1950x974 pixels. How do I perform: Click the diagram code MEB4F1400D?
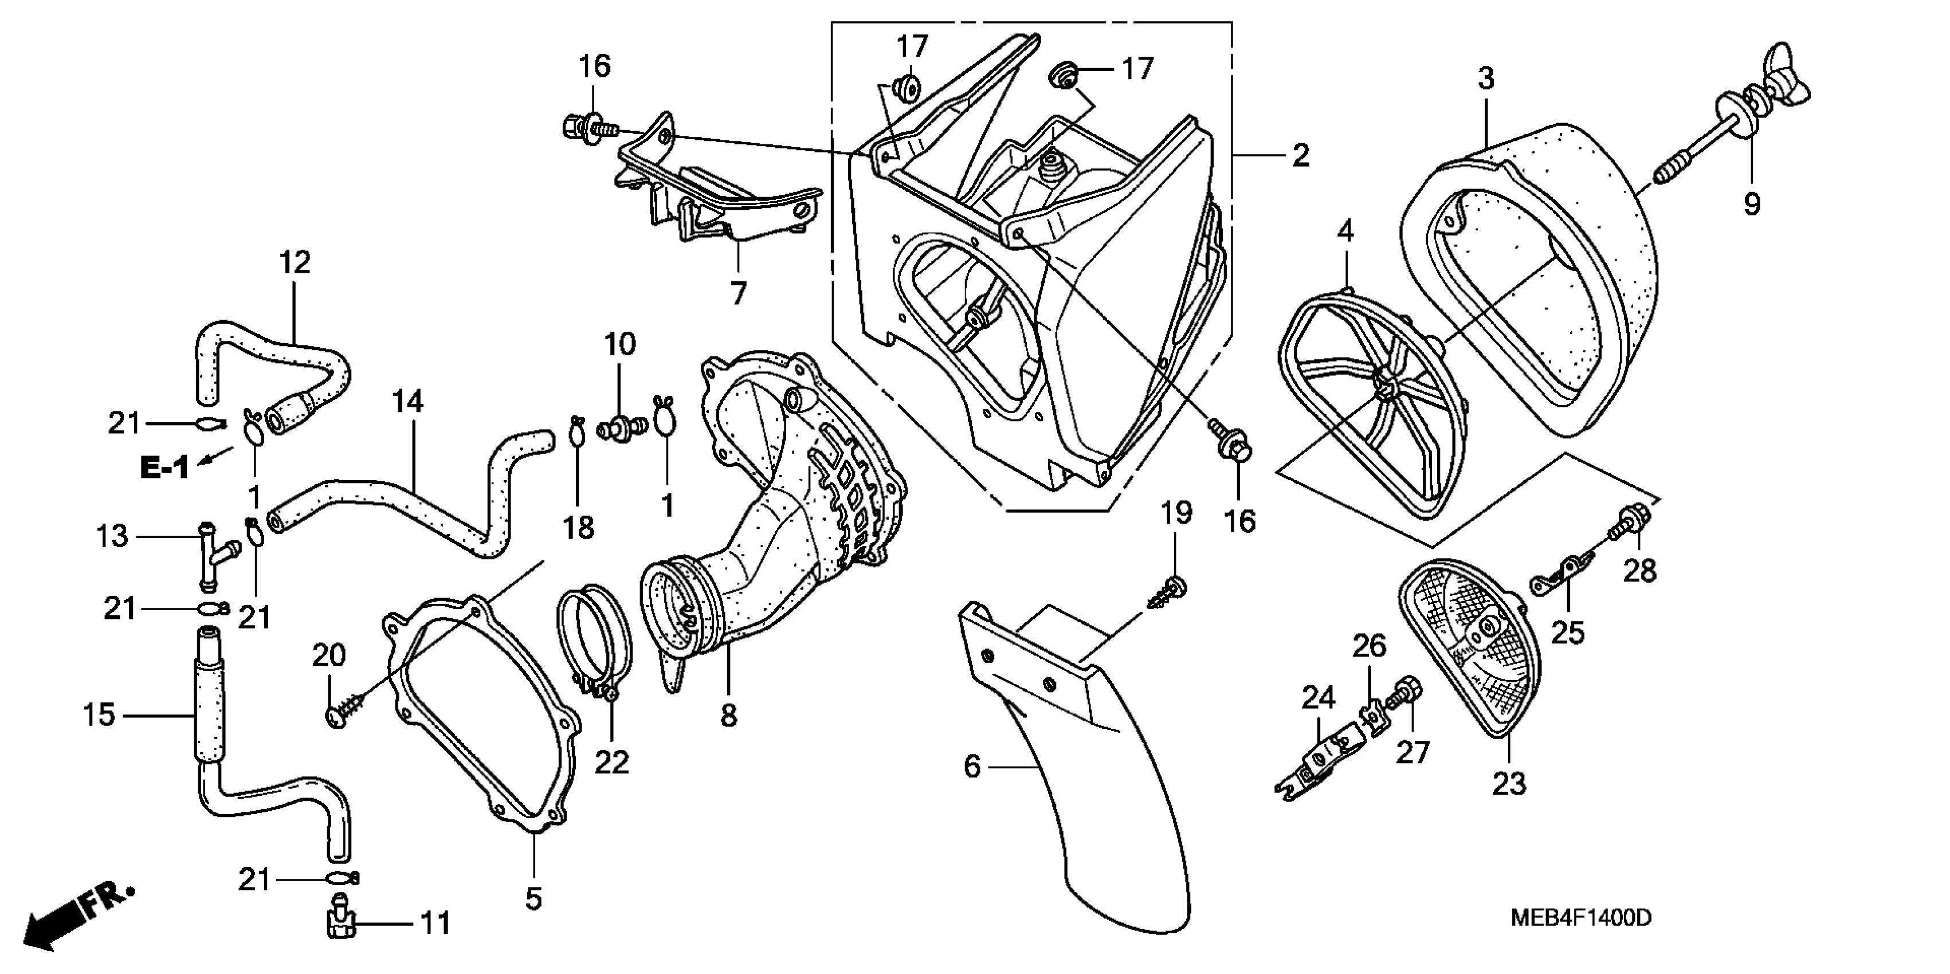(x=1580, y=918)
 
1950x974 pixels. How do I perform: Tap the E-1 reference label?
(x=164, y=468)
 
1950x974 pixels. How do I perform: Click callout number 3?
(x=1486, y=78)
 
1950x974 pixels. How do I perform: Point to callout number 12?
(x=295, y=262)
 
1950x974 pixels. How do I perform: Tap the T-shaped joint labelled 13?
(x=214, y=556)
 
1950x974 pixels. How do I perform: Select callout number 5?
(x=533, y=899)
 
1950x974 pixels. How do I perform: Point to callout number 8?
(x=728, y=714)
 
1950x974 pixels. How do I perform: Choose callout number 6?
(x=972, y=767)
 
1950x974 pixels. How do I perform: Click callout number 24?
(x=1318, y=697)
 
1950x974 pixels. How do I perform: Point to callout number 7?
(x=738, y=293)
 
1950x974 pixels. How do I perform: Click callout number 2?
(x=1300, y=156)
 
